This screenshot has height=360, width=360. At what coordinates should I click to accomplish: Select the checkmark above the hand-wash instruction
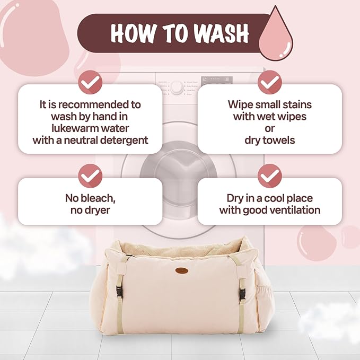(90, 82)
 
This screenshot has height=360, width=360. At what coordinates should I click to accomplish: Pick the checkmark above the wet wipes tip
(269, 82)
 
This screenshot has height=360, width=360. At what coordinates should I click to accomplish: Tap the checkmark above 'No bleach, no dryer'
(90, 176)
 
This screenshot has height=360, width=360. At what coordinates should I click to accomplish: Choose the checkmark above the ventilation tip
(269, 176)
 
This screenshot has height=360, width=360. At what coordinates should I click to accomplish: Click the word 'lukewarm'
(75, 128)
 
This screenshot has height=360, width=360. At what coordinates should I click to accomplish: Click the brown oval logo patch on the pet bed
(182, 270)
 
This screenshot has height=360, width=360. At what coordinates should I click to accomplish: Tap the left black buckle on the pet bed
(120, 293)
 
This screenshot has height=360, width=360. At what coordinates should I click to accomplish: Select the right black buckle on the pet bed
(242, 295)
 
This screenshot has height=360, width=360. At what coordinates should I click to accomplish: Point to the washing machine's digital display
(217, 80)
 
